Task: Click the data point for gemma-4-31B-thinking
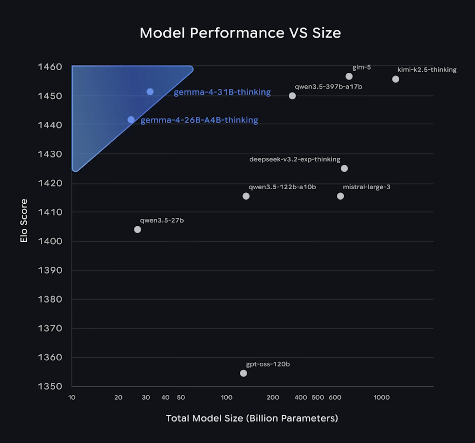click(150, 92)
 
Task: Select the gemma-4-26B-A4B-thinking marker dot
click(131, 120)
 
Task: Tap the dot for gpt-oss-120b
click(243, 373)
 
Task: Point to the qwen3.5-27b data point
click(137, 229)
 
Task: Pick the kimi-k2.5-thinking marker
click(396, 79)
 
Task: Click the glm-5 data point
click(349, 76)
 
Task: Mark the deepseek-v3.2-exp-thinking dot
click(344, 169)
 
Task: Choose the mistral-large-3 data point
click(341, 196)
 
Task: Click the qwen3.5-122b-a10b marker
click(246, 196)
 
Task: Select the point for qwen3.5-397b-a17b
click(292, 96)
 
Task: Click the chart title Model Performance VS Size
click(240, 33)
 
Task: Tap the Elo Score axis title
click(24, 221)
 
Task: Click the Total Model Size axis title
click(252, 418)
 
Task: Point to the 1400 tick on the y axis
click(50, 241)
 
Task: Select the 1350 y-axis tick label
click(50, 386)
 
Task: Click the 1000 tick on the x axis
click(381, 398)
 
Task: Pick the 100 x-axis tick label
click(226, 398)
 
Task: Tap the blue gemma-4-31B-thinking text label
click(222, 92)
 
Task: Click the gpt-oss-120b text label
click(268, 364)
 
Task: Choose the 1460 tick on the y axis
click(50, 67)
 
